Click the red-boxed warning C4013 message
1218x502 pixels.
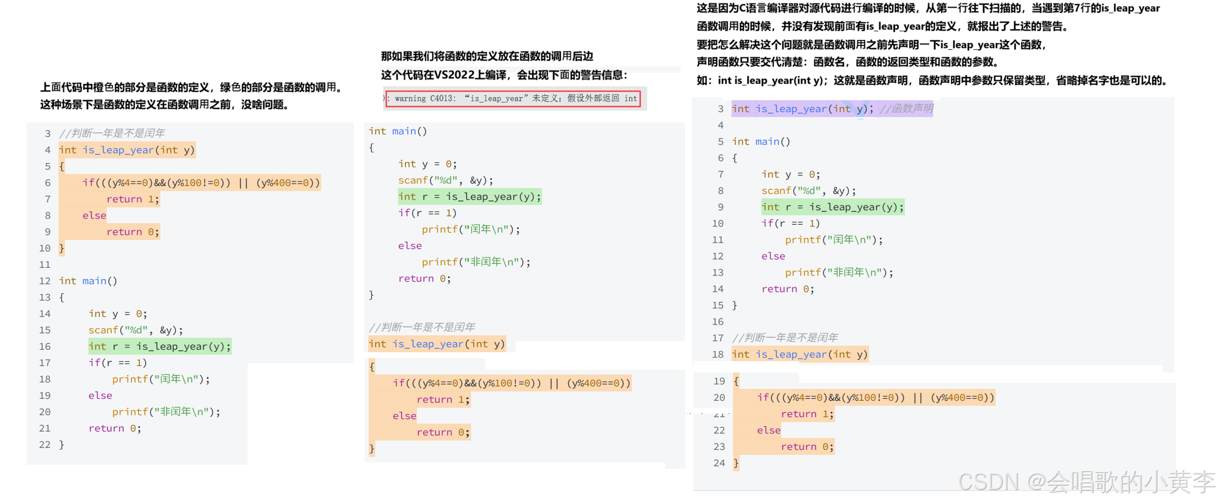(513, 98)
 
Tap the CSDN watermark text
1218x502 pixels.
(1085, 482)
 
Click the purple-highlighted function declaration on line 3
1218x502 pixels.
(802, 109)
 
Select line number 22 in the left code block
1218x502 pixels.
(45, 444)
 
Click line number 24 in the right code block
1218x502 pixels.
(719, 463)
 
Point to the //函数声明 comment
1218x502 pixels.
(906, 109)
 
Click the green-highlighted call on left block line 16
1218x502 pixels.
(159, 346)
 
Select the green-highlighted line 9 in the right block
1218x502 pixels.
(832, 207)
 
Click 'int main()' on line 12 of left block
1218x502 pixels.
(88, 281)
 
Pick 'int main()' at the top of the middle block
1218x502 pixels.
(397, 131)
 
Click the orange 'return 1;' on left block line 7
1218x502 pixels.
(133, 199)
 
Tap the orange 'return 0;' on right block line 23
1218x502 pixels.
(807, 446)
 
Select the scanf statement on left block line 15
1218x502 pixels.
(135, 330)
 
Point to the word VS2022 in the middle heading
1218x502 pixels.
(454, 75)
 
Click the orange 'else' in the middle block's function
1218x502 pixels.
(404, 416)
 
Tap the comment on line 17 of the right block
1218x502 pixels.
(785, 338)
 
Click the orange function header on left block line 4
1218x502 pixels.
(127, 150)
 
